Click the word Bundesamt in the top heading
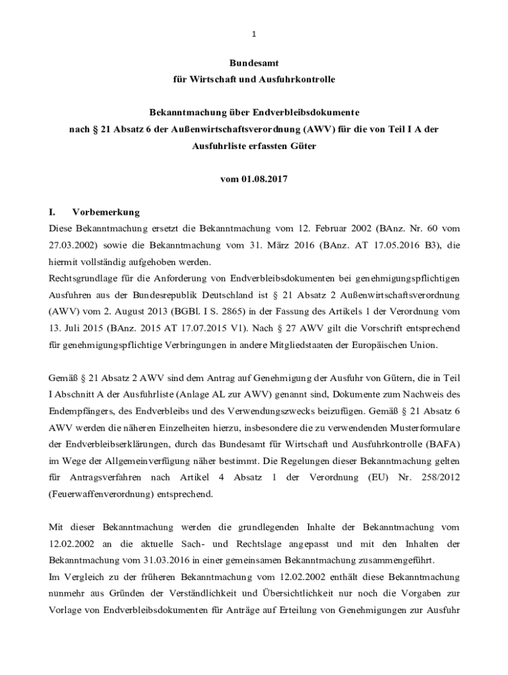tap(254, 63)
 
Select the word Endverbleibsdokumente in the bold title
tap(315, 113)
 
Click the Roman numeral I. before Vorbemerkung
tap(53, 212)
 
